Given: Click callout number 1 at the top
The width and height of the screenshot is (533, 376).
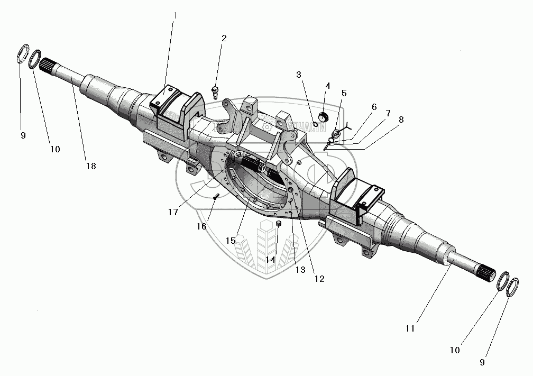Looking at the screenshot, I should [x=175, y=15].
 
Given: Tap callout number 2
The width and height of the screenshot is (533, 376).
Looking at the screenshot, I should [x=224, y=39].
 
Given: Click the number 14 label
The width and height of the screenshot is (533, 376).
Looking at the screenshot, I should [x=271, y=260].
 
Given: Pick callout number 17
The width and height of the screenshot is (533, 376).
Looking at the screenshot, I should [x=172, y=212].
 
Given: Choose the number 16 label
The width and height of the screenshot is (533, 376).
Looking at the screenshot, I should [x=201, y=226].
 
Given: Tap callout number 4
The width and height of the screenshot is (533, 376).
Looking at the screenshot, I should [x=328, y=86].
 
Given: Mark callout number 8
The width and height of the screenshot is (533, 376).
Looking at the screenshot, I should [x=401, y=120].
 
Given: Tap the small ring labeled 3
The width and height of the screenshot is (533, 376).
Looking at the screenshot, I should [x=316, y=124].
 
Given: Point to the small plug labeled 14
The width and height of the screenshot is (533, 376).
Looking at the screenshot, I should [x=278, y=226].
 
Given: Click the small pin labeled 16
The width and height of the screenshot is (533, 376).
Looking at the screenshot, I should [x=216, y=197].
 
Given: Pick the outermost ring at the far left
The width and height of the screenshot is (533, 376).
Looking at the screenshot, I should [x=23, y=54].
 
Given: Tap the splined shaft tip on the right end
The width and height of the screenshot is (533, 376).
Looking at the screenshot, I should [x=489, y=276].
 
